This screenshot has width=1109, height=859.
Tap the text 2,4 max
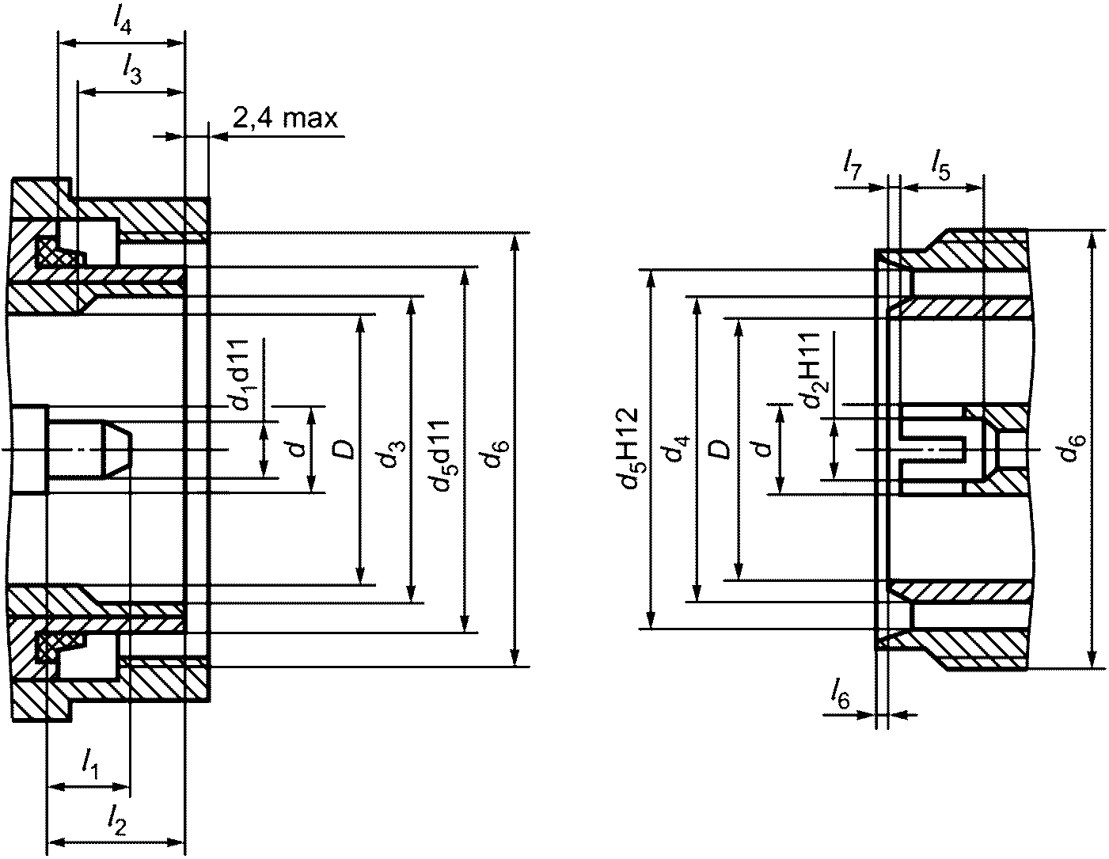pos(285,119)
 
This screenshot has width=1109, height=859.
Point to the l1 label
pos(90,764)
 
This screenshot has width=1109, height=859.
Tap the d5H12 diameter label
pos(631,447)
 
